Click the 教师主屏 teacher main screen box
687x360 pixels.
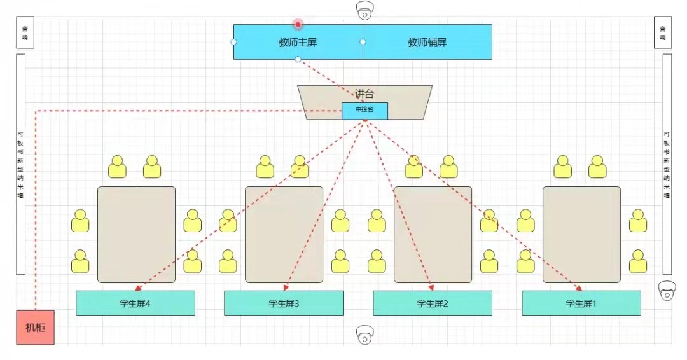coord(298,42)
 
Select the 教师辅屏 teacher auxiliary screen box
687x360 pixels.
coord(427,42)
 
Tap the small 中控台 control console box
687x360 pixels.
coord(364,110)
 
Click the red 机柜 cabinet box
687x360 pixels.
coord(35,328)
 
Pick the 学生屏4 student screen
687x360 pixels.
coord(135,303)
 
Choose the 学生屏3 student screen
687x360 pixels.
coord(284,303)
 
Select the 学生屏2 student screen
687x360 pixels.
coord(432,303)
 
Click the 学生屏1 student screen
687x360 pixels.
coord(581,303)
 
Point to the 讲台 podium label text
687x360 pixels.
coord(364,94)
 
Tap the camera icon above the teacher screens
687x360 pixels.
coord(365,11)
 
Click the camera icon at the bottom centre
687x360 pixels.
coord(365,334)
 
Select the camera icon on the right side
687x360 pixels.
coord(667,291)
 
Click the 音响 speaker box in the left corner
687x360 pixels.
coord(25,32)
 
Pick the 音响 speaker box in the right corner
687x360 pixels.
coord(662,32)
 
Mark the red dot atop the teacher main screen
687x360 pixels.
coord(298,24)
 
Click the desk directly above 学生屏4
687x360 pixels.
coord(136,234)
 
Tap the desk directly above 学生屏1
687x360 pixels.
coord(581,234)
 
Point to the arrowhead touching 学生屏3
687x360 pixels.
coord(284,288)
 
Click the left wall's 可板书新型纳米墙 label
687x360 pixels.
coord(20,164)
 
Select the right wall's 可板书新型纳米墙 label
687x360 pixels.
coord(667,164)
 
